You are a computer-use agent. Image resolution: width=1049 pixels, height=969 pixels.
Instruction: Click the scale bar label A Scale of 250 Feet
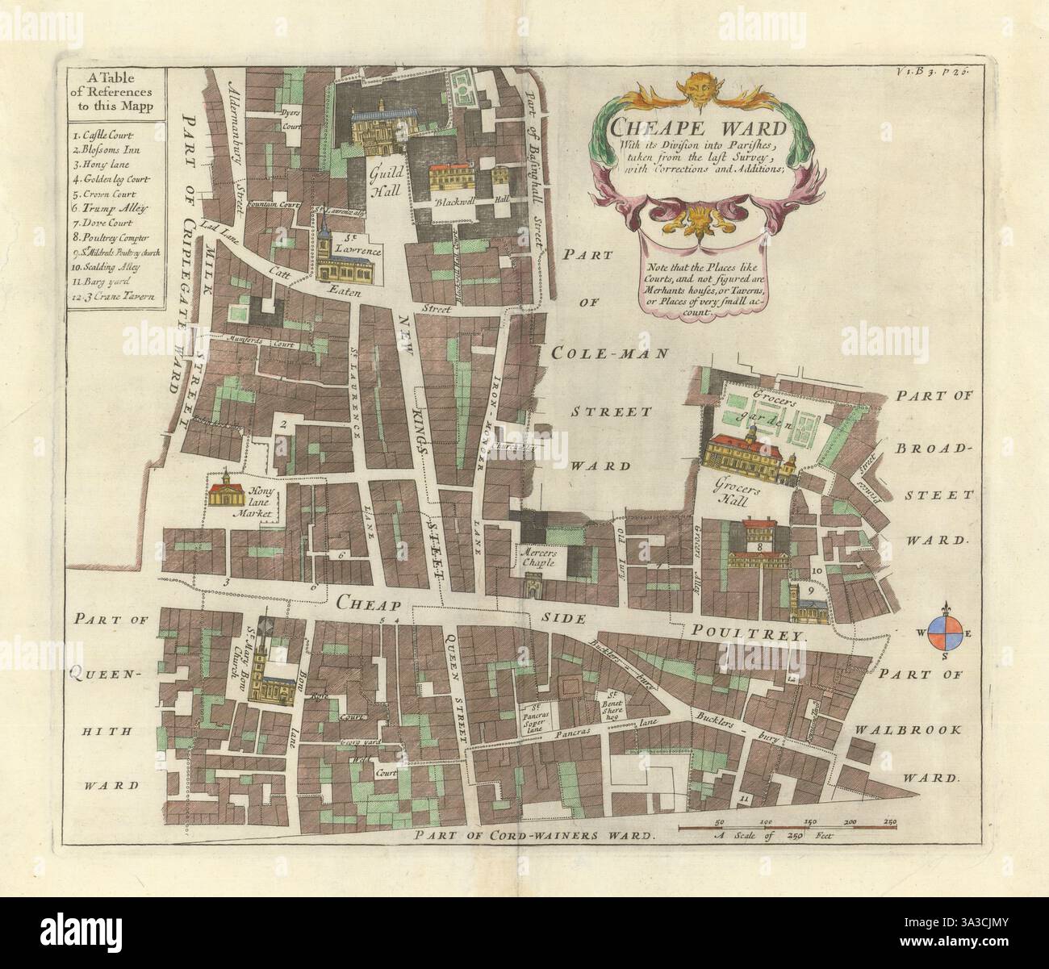pyautogui.click(x=773, y=838)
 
